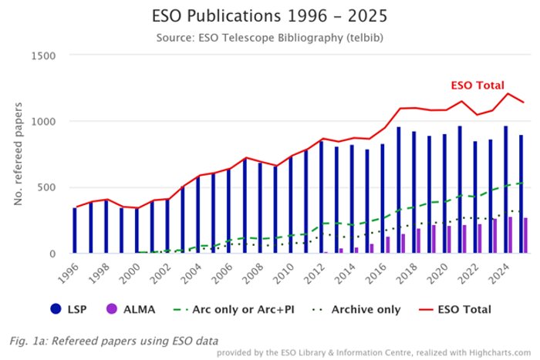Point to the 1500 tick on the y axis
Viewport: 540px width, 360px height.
click(44, 56)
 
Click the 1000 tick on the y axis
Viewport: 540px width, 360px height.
click(44, 122)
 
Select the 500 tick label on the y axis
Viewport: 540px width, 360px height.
click(48, 187)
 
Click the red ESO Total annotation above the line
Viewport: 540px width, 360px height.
click(478, 86)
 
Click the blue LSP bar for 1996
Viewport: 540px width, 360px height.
click(75, 230)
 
